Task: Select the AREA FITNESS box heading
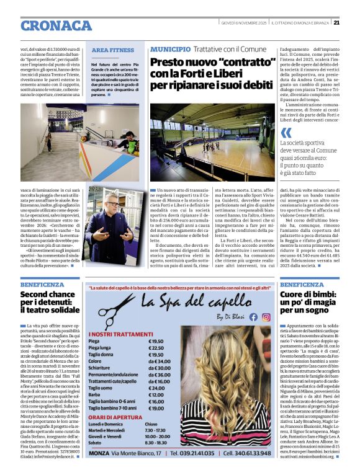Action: (112, 50)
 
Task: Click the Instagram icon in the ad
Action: (266, 316)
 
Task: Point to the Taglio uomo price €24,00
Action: (158, 388)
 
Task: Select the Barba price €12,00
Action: (158, 396)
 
